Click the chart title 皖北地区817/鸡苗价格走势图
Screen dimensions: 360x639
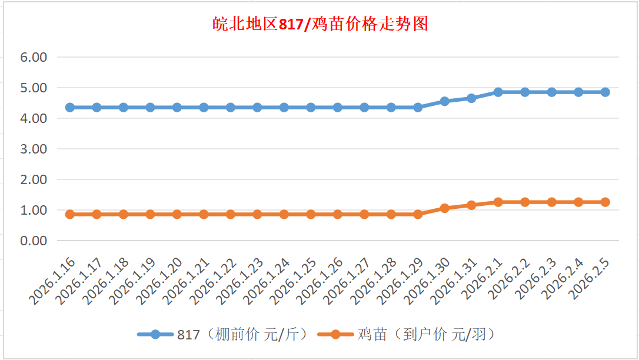point(319,24)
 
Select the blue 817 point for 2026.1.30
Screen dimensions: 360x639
point(445,101)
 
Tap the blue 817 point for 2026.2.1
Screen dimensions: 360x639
point(498,92)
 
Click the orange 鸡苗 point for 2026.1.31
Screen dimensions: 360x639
point(471,205)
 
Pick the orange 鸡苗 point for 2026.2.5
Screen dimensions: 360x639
point(605,202)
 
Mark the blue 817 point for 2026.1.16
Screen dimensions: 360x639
point(70,108)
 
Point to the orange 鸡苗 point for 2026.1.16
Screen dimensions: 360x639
point(70,214)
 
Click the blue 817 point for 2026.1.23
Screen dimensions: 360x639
point(257,108)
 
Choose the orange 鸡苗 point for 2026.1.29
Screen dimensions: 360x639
point(418,214)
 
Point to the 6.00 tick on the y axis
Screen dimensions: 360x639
point(34,58)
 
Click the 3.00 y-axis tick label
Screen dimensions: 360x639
point(34,149)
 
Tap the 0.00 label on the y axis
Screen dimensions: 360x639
point(34,241)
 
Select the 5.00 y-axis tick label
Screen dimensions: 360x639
point(34,88)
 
